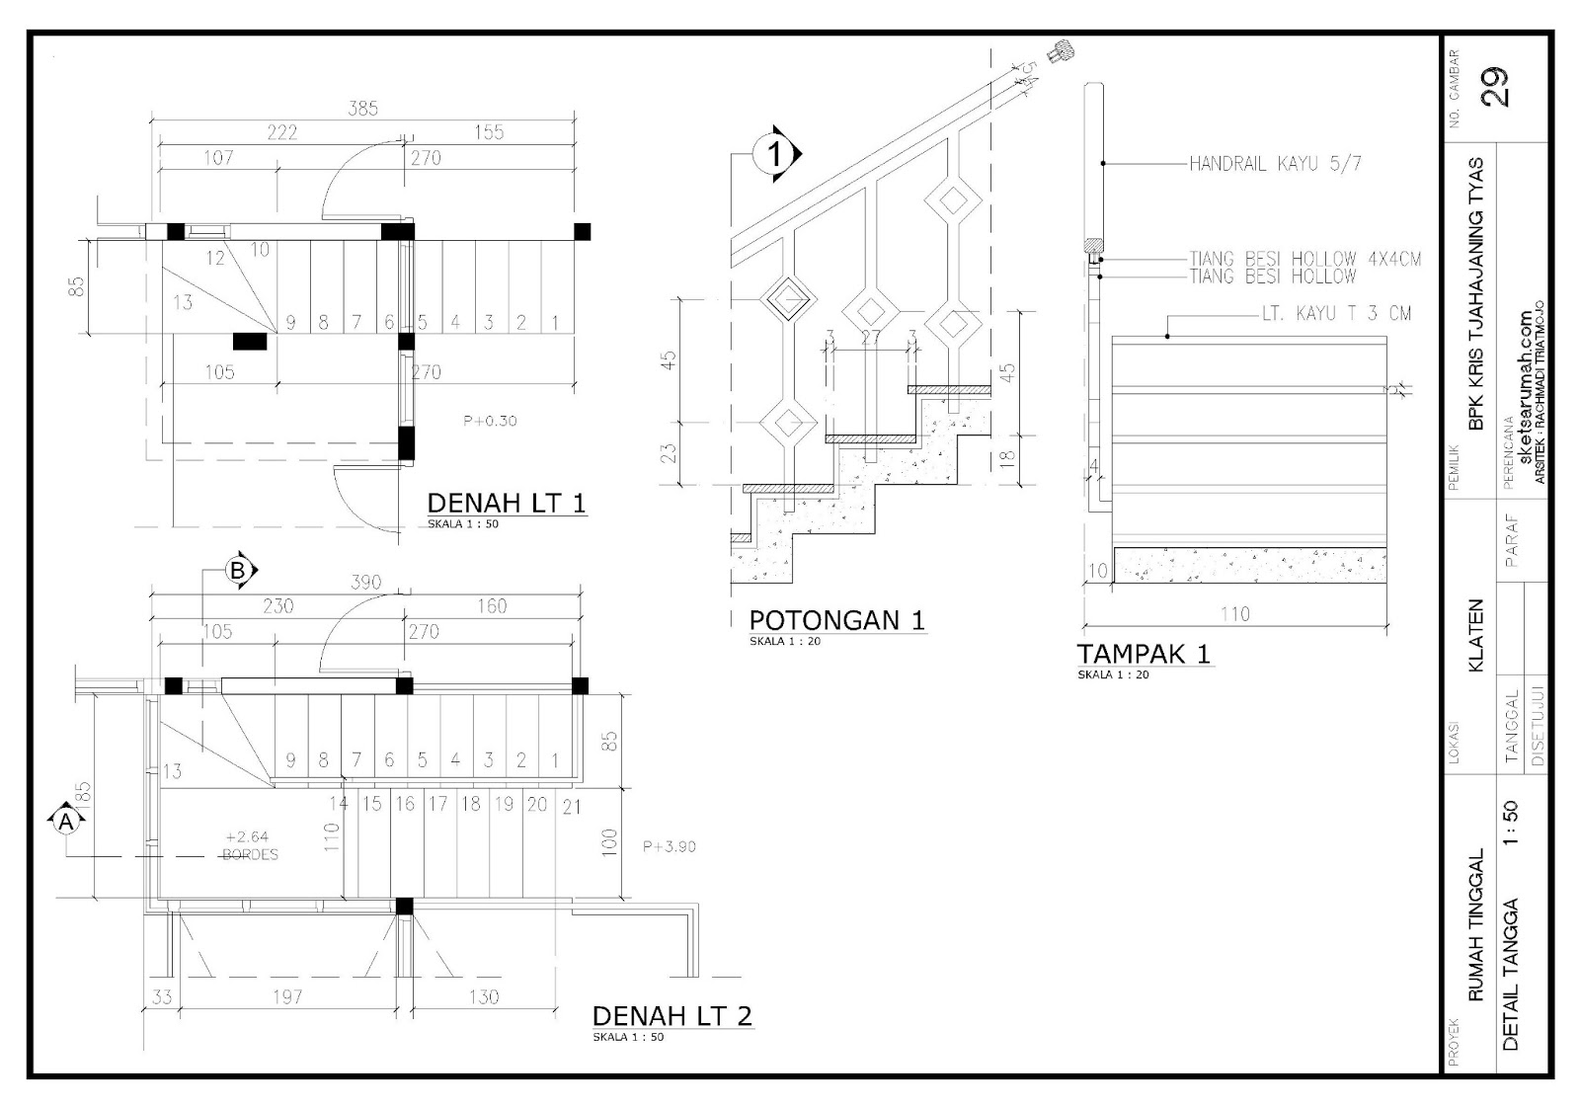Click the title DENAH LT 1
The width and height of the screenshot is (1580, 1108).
pyautogui.click(x=506, y=503)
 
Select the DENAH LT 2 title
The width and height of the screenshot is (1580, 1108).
pyautogui.click(x=671, y=1015)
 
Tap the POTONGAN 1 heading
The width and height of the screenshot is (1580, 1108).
pyautogui.click(x=836, y=620)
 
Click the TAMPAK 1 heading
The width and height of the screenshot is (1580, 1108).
pyautogui.click(x=1143, y=654)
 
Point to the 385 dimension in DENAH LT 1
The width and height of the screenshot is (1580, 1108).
pyautogui.click(x=362, y=109)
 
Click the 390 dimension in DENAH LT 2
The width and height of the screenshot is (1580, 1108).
pyautogui.click(x=365, y=583)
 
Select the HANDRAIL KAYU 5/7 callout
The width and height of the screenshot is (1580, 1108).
pyautogui.click(x=1275, y=164)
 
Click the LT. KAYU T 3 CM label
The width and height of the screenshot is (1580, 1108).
pyautogui.click(x=1336, y=314)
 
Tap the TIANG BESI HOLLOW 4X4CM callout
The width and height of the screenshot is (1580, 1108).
pyautogui.click(x=1304, y=260)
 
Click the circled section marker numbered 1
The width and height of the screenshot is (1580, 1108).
pyautogui.click(x=775, y=154)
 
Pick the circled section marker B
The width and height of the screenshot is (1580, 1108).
pyautogui.click(x=237, y=570)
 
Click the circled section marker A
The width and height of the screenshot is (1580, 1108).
pyautogui.click(x=65, y=821)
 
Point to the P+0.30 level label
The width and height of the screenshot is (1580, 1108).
pyautogui.click(x=490, y=421)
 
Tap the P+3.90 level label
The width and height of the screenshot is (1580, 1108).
pyautogui.click(x=669, y=846)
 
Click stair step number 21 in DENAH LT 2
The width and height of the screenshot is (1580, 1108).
pyautogui.click(x=571, y=807)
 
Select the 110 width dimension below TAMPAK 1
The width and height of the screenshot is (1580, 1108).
pyautogui.click(x=1234, y=614)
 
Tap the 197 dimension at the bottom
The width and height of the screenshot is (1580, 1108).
pyautogui.click(x=286, y=996)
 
